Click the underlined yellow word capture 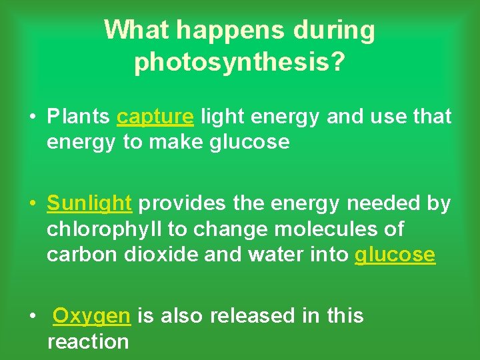[155, 117]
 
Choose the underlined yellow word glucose [395, 255]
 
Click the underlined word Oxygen [91, 316]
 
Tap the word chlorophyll [105, 229]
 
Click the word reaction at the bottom [88, 341]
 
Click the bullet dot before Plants [32, 117]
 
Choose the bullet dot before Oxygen [32, 316]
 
